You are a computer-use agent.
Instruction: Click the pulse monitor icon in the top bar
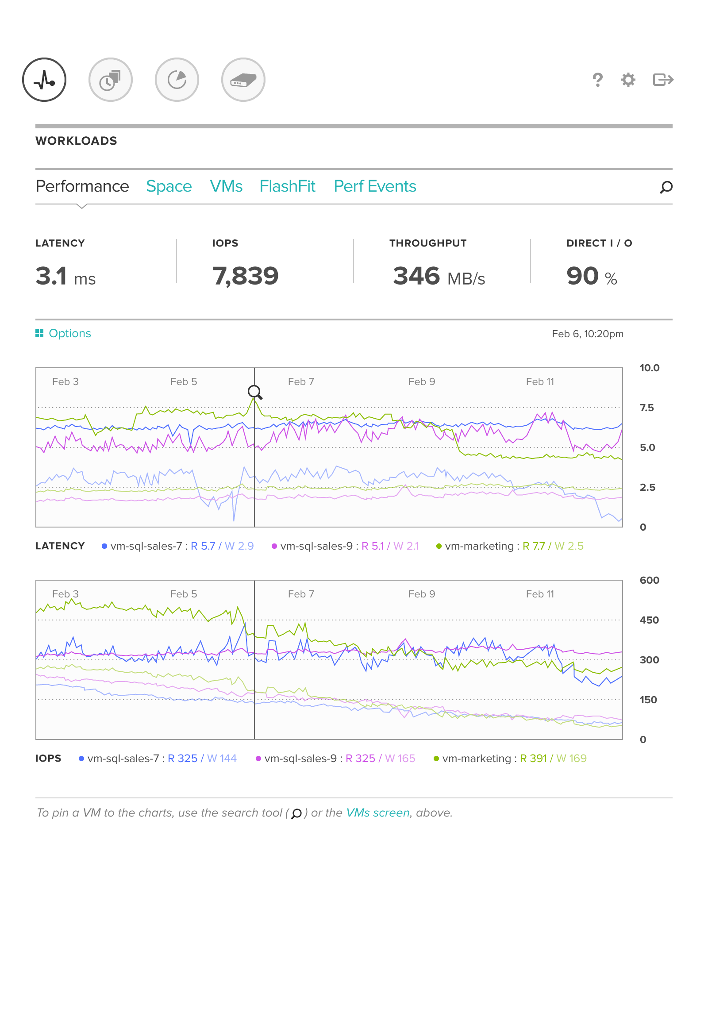coord(44,80)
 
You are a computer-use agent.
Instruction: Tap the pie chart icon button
coord(177,80)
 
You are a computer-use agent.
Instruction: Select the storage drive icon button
coord(243,80)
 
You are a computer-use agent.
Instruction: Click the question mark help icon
coord(597,80)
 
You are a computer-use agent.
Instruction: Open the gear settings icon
coord(628,80)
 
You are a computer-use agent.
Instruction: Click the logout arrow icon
coord(663,80)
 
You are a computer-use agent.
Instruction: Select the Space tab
coord(169,186)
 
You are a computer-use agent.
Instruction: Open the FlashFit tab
coord(287,186)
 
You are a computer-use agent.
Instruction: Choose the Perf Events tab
coord(375,186)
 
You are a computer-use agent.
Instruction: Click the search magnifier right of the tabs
coord(666,187)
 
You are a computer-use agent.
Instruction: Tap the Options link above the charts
coord(69,333)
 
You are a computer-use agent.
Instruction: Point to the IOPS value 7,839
coord(246,276)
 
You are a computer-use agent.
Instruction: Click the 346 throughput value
coord(416,276)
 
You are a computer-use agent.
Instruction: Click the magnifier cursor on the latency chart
coord(254,391)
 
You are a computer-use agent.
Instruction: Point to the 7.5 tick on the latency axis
coord(646,408)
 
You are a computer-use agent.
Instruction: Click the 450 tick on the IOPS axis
coord(649,620)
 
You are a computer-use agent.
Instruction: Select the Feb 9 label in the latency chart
coord(421,381)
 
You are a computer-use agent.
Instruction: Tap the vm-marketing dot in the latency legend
coord(439,546)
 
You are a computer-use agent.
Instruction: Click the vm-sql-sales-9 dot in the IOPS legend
coord(258,759)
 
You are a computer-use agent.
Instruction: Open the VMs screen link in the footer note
coord(378,813)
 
